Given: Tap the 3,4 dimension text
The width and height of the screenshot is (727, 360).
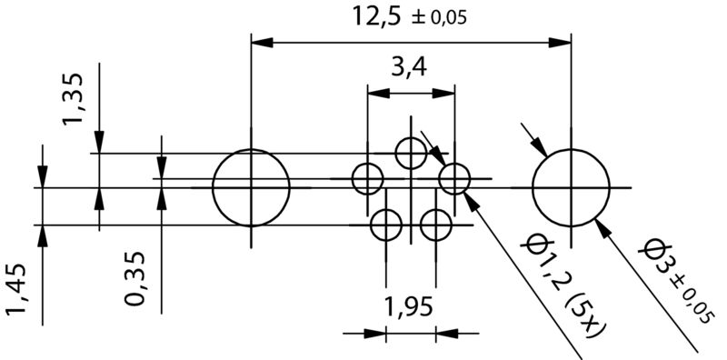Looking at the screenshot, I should (x=409, y=67).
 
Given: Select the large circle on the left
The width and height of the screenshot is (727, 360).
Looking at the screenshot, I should (x=251, y=188).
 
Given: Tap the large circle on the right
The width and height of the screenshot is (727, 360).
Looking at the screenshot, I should (x=571, y=188).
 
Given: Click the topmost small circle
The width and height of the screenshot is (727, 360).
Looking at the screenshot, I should (x=412, y=153).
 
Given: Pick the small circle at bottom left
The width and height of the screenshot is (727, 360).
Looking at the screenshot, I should (x=386, y=224).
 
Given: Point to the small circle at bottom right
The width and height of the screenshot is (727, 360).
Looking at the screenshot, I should (x=436, y=224).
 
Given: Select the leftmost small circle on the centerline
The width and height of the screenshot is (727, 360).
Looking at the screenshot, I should (x=368, y=179).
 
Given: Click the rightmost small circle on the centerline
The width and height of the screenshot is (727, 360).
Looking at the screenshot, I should (x=454, y=179).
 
